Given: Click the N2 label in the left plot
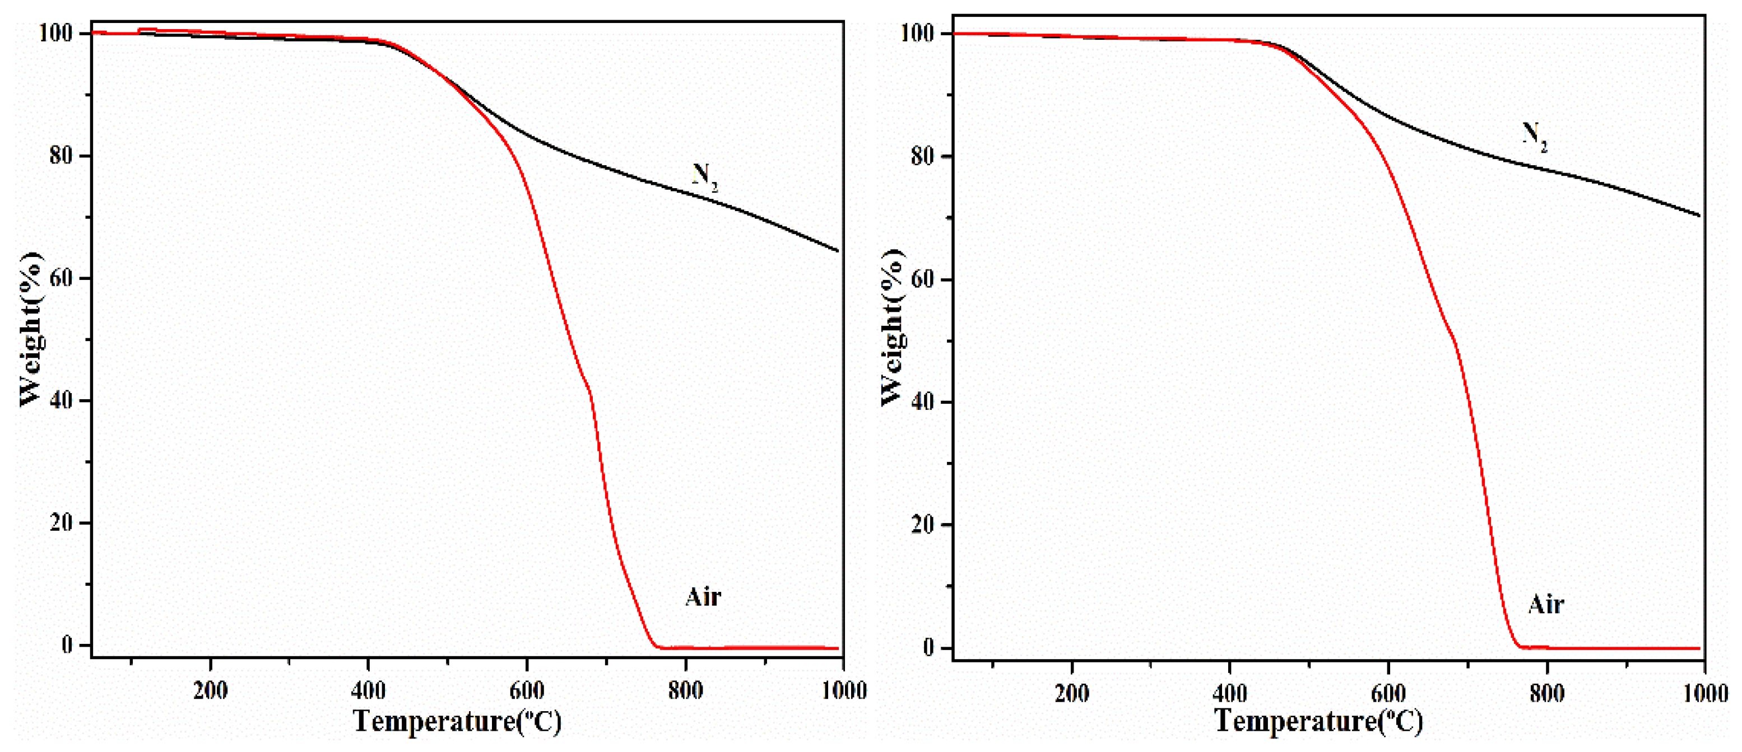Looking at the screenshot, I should coord(705,177).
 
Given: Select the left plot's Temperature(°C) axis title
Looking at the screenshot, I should coord(457,721).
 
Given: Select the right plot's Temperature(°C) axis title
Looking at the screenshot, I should coord(1318,721).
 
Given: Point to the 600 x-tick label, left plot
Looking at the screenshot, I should coord(527,690).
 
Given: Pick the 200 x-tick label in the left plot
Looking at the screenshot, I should coord(210,690).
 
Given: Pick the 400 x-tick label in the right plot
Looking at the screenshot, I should coord(1230,693).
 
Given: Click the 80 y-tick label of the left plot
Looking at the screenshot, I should coord(61,156).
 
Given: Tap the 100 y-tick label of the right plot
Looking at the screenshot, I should coord(918,33).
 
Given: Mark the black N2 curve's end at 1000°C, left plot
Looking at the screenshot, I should coord(838,251).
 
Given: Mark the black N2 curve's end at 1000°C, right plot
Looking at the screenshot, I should coord(1699,216).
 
